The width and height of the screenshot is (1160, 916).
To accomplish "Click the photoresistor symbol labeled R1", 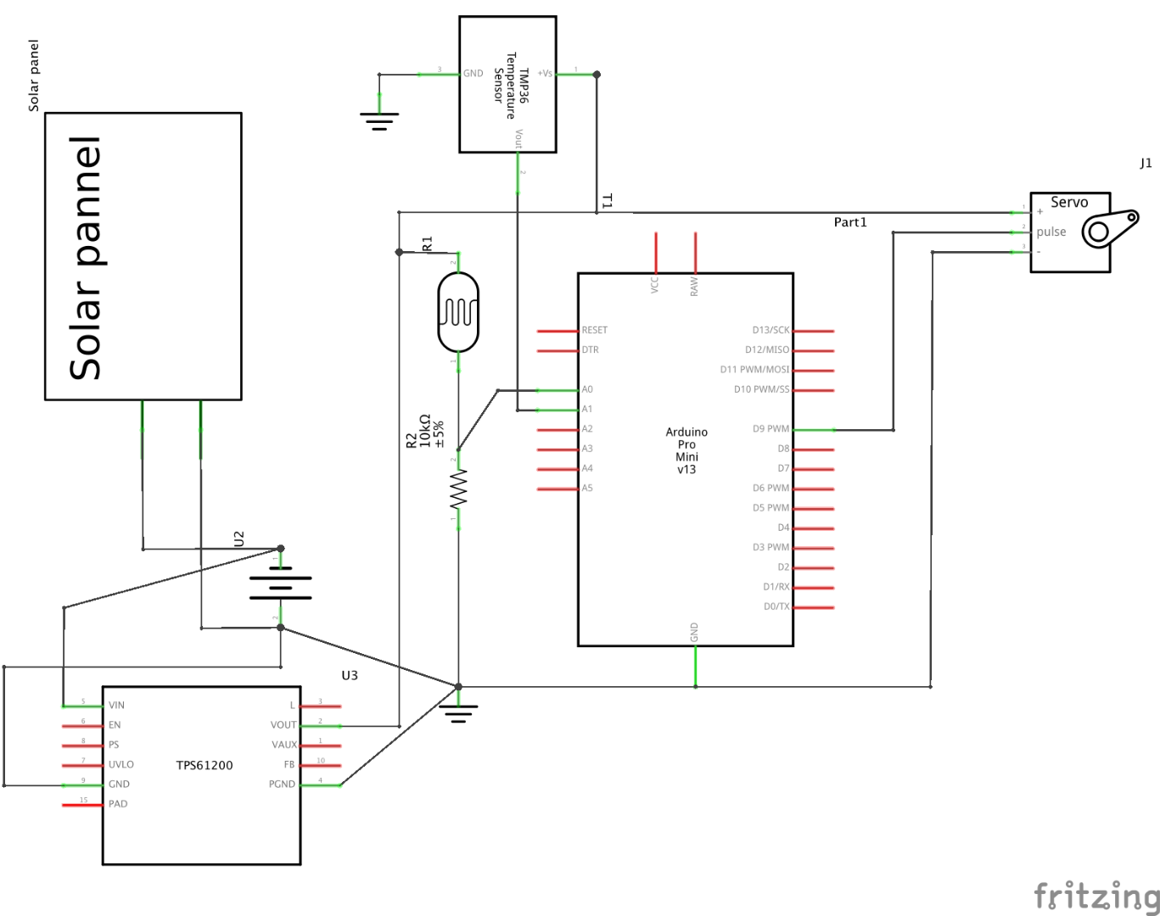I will tap(458, 312).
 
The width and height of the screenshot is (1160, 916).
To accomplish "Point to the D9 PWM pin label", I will tap(771, 429).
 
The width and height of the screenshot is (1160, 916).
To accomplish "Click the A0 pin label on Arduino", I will tap(587, 390).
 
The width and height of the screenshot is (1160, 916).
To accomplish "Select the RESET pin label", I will tap(594, 331).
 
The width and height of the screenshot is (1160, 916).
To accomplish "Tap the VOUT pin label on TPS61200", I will tap(283, 725).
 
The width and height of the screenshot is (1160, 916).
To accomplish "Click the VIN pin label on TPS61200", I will tap(116, 706).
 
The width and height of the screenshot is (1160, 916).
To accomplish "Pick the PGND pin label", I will tap(282, 785).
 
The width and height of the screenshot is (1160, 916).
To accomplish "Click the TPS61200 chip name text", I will tap(205, 765).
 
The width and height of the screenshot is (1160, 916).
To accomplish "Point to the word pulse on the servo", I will tap(1051, 232).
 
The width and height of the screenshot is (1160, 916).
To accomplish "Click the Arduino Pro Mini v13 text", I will tap(686, 450).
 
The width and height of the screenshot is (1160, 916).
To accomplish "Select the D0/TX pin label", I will tap(776, 606).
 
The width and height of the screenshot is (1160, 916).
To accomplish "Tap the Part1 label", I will tap(850, 222).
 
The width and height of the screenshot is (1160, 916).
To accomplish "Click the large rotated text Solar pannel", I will tap(86, 258).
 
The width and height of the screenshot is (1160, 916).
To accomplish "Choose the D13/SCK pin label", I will tap(771, 331).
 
